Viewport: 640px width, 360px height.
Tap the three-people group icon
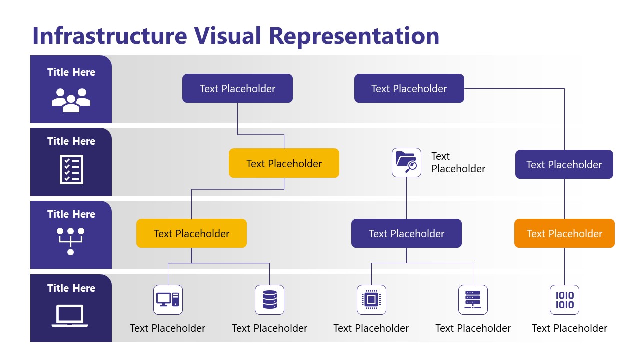[71, 99]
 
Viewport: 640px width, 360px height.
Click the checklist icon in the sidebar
[71, 169]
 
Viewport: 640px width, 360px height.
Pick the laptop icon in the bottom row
[70, 316]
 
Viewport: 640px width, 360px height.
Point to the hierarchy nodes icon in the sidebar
[70, 241]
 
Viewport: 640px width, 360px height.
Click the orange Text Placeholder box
[564, 233]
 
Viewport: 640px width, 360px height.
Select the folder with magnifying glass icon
[406, 162]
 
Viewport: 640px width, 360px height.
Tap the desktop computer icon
[168, 300]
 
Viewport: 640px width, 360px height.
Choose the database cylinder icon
[269, 300]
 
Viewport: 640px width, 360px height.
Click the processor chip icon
[371, 300]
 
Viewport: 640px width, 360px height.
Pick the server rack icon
[473, 300]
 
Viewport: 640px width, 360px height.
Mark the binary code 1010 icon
[564, 300]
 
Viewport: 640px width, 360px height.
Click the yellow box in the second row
[284, 163]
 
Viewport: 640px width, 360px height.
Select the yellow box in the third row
[191, 233]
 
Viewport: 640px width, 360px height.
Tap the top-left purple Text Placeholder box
[237, 88]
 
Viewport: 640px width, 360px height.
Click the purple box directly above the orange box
[564, 164]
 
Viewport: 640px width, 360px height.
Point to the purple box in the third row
[406, 233]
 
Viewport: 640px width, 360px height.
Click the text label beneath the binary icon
[569, 328]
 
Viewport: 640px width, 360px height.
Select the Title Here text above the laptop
[71, 288]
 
